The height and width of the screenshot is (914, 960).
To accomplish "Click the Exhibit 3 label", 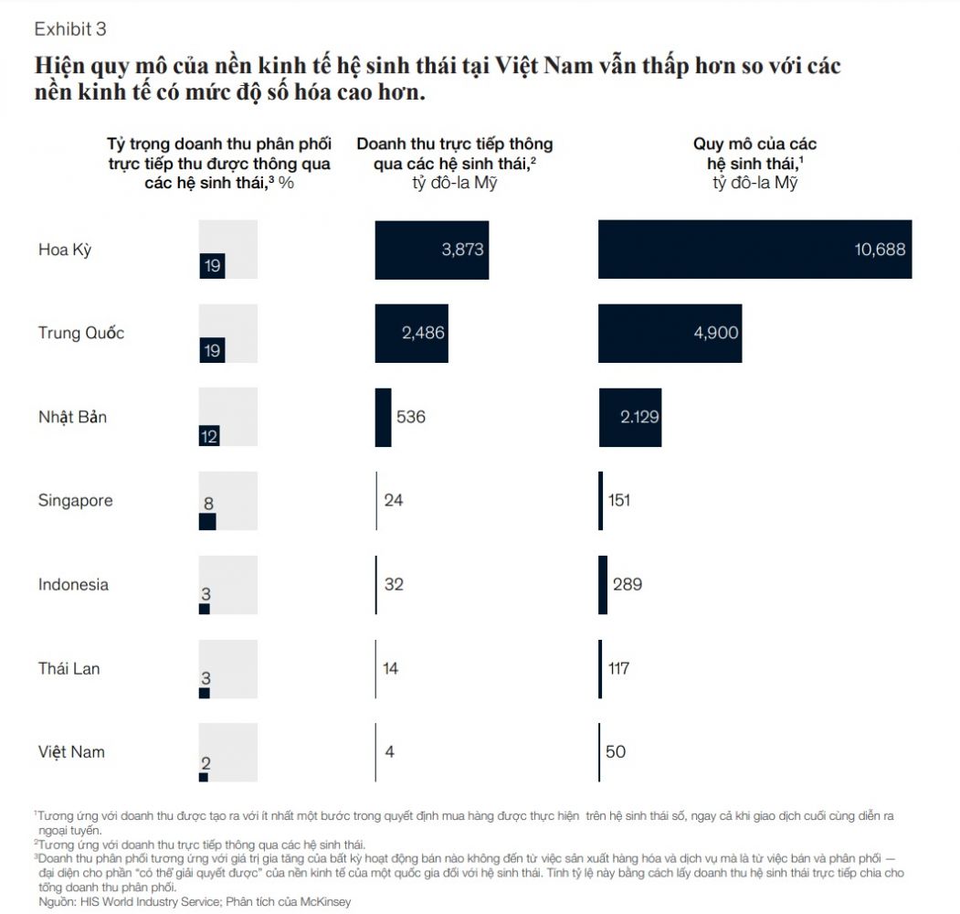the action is click(70, 29).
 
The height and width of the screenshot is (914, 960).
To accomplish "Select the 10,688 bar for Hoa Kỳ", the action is click(754, 250).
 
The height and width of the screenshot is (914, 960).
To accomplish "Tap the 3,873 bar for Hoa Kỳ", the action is click(432, 250).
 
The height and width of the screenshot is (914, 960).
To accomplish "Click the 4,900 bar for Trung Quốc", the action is click(670, 334).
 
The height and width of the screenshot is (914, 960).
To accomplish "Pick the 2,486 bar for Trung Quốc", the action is click(411, 334).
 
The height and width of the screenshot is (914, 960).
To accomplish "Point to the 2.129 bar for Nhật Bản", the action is click(630, 417).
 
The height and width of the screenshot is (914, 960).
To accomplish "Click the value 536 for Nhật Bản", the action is click(411, 417).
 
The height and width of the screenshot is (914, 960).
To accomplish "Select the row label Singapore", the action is click(75, 501).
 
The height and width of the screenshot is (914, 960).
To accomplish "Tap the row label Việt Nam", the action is click(71, 751).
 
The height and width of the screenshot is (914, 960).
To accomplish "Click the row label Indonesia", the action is click(73, 584).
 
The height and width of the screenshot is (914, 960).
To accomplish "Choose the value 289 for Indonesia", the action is click(628, 584).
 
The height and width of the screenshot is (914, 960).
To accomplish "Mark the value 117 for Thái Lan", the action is click(619, 668).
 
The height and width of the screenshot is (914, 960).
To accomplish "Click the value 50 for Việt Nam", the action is click(616, 751).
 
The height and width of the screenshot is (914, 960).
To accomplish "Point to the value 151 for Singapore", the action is click(619, 501).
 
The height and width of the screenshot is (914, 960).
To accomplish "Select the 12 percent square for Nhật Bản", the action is click(209, 436).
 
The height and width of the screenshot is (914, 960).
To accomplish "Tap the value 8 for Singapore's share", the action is click(208, 504).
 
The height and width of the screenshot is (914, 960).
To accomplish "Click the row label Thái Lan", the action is click(69, 668).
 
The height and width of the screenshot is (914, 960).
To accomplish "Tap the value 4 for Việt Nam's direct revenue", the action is click(389, 751).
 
